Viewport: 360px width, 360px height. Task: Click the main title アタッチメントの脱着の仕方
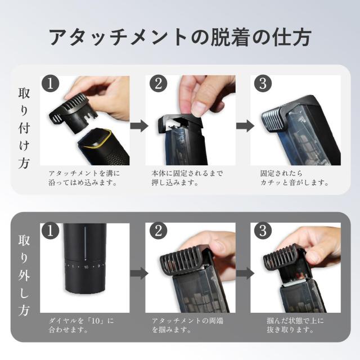click(180, 37)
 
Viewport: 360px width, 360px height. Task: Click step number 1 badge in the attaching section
click(50, 84)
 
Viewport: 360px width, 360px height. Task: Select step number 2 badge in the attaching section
click(159, 84)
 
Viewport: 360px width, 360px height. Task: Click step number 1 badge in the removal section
click(50, 231)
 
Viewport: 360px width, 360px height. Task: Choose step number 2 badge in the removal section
click(159, 231)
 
